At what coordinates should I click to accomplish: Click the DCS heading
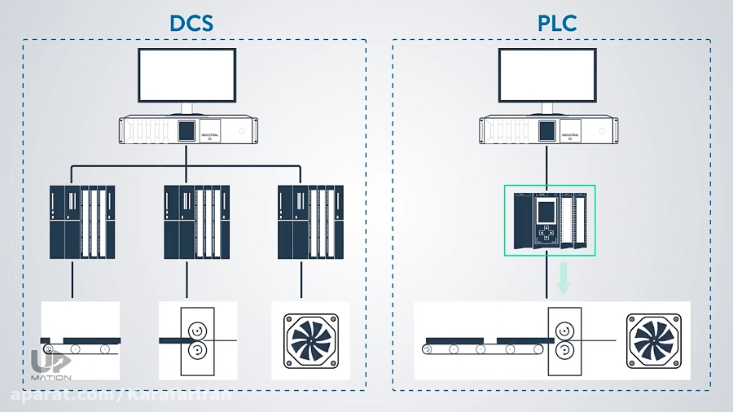[191, 22]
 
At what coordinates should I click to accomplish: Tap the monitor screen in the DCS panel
[187, 75]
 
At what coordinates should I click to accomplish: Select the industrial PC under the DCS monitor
[187, 129]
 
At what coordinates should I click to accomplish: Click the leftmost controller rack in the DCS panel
[82, 222]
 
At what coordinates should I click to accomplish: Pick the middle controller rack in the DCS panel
[196, 222]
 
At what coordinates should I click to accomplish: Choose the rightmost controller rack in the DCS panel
[310, 222]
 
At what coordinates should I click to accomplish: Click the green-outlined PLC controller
[550, 219]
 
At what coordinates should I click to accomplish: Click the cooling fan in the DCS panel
[310, 340]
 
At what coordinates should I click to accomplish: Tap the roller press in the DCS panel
[195, 340]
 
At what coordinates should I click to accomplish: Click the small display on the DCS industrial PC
[187, 129]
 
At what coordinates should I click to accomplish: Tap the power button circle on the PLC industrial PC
[602, 129]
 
